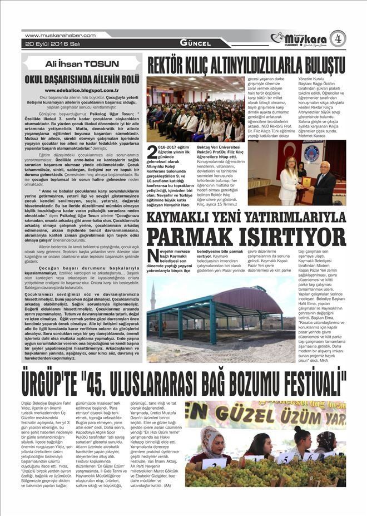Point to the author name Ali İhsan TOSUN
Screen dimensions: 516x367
81,63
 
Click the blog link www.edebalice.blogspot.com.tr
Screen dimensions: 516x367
82,89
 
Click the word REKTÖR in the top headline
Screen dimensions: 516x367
170,63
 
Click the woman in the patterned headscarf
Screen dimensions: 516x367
213,443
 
